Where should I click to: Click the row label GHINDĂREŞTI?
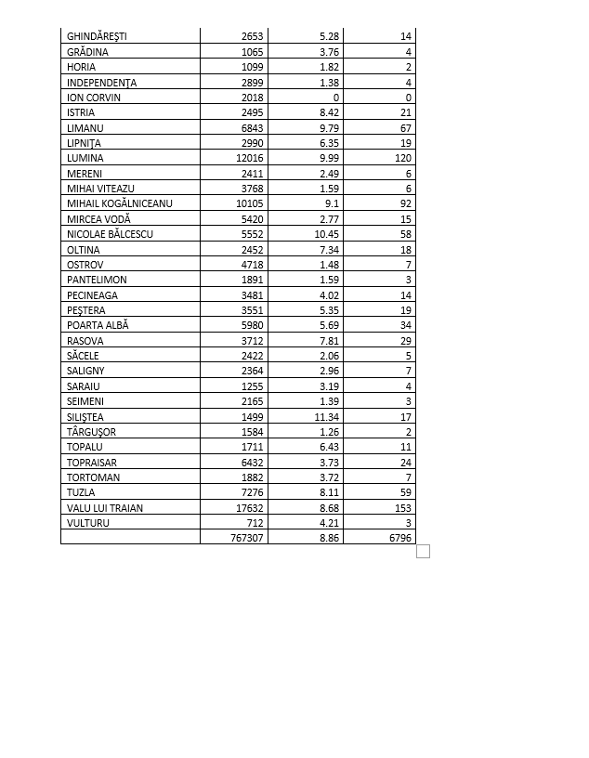97,36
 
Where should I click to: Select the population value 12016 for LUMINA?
250,158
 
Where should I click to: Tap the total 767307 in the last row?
247,538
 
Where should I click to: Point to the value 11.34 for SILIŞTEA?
324,417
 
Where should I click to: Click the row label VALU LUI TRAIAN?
105,508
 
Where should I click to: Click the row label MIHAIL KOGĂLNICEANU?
120,203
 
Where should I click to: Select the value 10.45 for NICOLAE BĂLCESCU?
324,234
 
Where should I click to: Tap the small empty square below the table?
423,552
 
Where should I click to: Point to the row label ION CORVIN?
94,98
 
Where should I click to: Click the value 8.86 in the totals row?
328,538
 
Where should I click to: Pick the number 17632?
250,508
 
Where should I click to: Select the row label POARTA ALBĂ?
98,325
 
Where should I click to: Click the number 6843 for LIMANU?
253,127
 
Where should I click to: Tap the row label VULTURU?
86,523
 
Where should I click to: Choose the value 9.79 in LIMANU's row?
328,127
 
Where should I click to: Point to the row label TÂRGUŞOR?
91,432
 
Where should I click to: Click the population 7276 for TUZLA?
253,492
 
